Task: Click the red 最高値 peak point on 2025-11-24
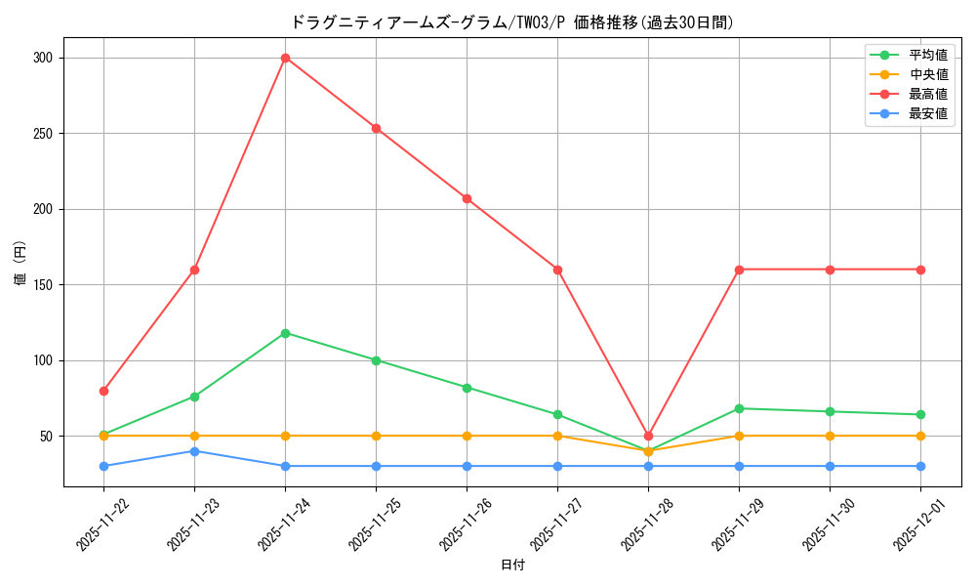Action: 285,58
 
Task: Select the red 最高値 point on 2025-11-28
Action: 648,436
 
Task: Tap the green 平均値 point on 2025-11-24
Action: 285,333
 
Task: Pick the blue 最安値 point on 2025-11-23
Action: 194,451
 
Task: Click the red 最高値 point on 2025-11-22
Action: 103,391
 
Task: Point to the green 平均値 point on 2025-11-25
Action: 376,360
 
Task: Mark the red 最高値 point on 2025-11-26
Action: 467,198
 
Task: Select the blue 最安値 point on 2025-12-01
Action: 920,466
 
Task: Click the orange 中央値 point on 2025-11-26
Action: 467,436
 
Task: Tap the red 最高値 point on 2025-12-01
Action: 920,270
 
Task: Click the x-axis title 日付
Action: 512,565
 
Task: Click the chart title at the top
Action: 512,21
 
